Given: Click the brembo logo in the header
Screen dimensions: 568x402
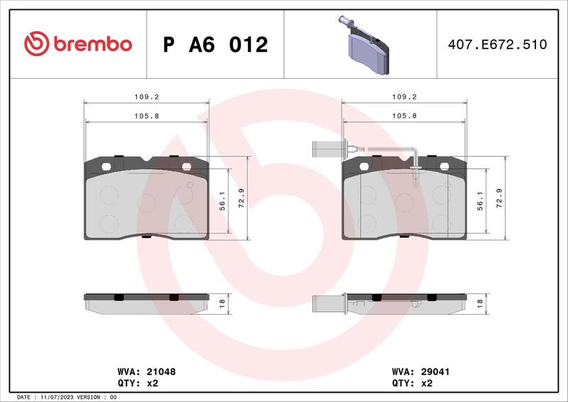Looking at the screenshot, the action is tap(78, 44).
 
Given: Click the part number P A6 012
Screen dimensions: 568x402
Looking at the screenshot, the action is tap(216, 45).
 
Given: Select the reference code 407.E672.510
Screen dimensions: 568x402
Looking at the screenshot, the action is tap(498, 44).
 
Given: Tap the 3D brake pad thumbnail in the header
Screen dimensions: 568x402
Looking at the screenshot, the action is tap(364, 45).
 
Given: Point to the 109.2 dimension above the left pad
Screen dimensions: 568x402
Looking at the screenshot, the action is tap(147, 97).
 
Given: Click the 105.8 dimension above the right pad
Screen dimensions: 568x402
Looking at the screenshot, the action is tap(404, 116).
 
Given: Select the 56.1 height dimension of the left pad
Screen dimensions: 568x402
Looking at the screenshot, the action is tap(222, 201).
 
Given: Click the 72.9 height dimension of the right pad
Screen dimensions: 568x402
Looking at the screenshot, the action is tap(499, 198).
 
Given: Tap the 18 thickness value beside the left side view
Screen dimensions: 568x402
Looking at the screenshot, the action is tap(222, 303).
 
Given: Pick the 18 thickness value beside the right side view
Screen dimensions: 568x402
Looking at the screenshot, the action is tap(481, 303).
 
